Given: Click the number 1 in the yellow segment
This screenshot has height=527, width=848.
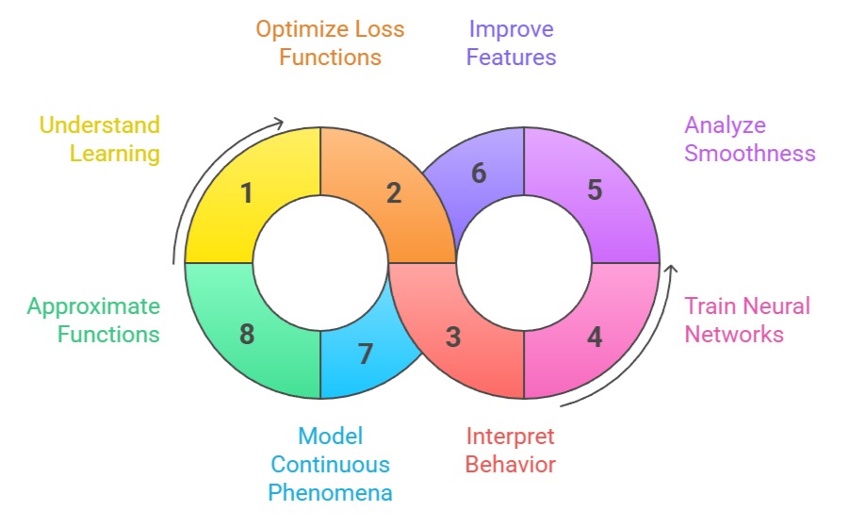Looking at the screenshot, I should pyautogui.click(x=247, y=193).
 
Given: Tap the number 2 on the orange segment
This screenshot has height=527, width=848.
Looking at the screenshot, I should pyautogui.click(x=394, y=193).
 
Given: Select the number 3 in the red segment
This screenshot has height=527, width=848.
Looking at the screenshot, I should pyautogui.click(x=453, y=337).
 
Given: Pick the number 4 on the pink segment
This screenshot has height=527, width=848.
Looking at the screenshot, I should pyautogui.click(x=595, y=337).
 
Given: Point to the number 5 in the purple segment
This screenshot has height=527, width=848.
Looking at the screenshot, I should pyautogui.click(x=595, y=190).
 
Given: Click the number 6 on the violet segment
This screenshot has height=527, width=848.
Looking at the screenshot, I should pyautogui.click(x=479, y=173).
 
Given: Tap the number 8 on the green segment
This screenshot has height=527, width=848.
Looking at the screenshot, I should pyautogui.click(x=247, y=335).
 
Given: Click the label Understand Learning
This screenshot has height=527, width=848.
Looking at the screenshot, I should pyautogui.click(x=99, y=139).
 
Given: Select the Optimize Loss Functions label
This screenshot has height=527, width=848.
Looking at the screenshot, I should pyautogui.click(x=330, y=42).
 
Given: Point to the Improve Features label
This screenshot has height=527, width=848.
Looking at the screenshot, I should pyautogui.click(x=512, y=42).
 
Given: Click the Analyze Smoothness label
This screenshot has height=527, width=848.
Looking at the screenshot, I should pyautogui.click(x=750, y=139).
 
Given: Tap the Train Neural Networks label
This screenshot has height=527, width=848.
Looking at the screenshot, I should pyautogui.click(x=747, y=320).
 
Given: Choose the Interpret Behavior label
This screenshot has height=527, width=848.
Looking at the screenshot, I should pyautogui.click(x=511, y=450).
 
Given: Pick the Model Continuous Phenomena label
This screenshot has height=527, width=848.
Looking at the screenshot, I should pyautogui.click(x=330, y=464).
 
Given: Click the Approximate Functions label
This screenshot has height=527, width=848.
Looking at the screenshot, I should pyautogui.click(x=93, y=320).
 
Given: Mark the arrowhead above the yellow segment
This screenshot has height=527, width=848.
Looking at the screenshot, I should pyautogui.click(x=278, y=123).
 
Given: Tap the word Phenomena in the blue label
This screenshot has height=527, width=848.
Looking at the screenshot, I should pyautogui.click(x=330, y=492).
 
